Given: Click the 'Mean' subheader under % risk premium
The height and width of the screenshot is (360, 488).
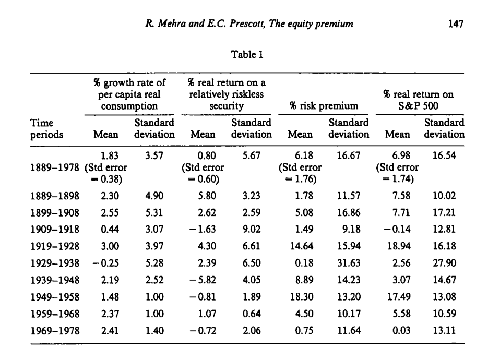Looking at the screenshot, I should pos(300,134).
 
